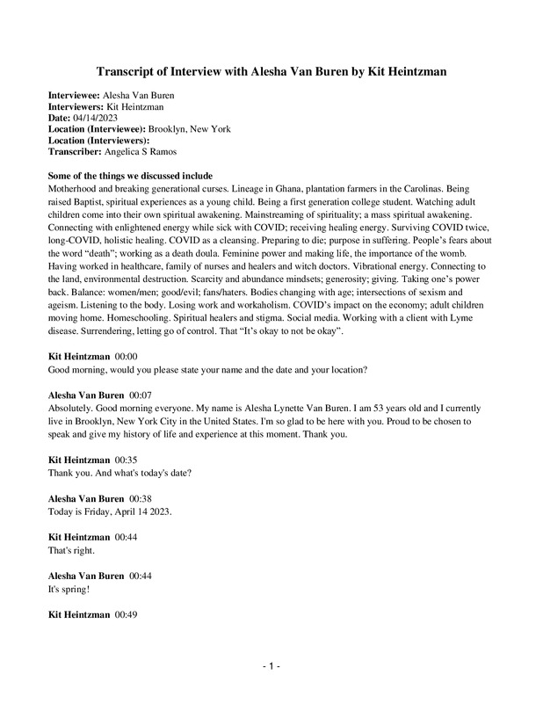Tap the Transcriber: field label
(78, 151)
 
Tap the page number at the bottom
(271, 667)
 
